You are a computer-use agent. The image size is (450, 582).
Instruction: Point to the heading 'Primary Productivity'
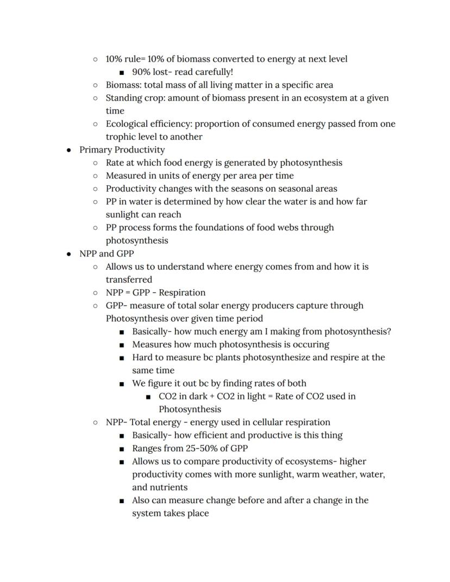click(x=122, y=150)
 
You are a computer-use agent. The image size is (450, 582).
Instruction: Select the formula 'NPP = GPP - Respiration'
click(x=155, y=292)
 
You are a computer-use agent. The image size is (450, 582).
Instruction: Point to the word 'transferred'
click(x=129, y=280)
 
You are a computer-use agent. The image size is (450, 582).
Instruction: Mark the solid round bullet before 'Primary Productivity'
click(x=69, y=151)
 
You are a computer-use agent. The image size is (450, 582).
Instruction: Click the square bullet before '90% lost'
click(x=122, y=72)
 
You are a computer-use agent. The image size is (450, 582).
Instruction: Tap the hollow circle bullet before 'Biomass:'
click(x=96, y=85)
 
